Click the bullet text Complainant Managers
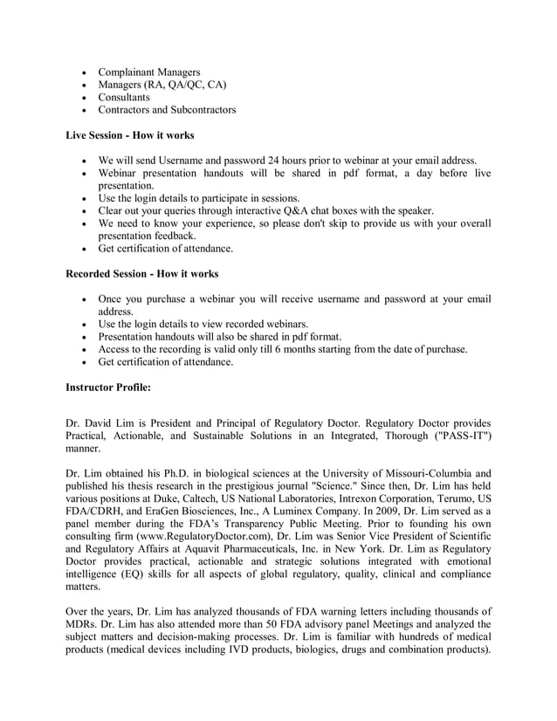click(x=148, y=72)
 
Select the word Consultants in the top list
click(x=124, y=97)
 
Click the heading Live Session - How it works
click(x=130, y=135)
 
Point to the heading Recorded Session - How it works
click(x=142, y=274)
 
